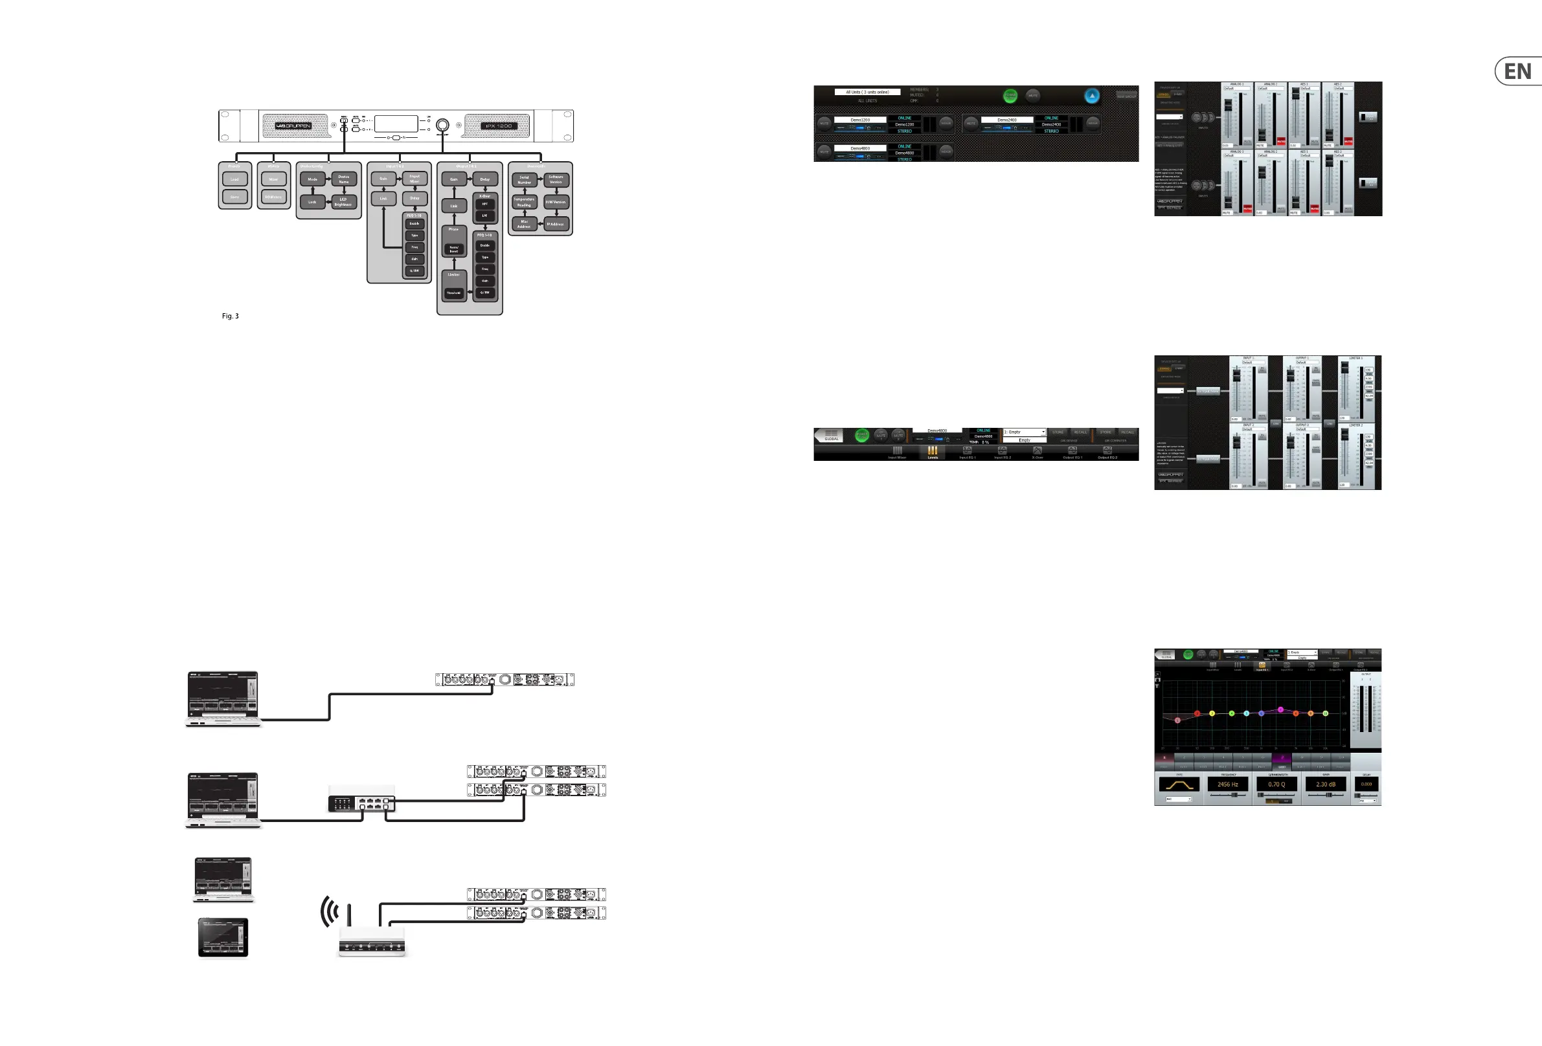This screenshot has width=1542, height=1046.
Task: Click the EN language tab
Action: coord(1518,72)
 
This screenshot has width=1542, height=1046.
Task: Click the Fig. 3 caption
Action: coord(231,317)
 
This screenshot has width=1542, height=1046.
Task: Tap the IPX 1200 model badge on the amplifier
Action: coord(497,126)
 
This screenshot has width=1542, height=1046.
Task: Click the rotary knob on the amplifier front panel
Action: coord(442,125)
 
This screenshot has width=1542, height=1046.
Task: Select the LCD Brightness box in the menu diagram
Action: coord(343,202)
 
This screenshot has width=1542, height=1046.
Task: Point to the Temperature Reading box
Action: coord(524,202)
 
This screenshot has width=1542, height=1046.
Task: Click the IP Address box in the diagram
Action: coord(556,224)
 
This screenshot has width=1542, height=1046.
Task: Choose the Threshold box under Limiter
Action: coord(454,293)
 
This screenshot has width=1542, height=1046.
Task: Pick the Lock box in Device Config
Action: coord(312,202)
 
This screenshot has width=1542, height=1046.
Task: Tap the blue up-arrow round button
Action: coord(1091,96)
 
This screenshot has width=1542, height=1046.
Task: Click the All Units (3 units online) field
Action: coord(867,92)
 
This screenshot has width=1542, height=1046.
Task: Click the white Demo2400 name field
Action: coord(1006,120)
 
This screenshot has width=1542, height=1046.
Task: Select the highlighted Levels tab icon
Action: coord(932,452)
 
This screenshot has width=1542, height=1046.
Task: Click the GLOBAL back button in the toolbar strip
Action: coord(830,435)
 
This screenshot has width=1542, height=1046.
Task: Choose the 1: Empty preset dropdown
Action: coord(1025,432)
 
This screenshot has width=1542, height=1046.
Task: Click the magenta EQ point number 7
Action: coord(1280,709)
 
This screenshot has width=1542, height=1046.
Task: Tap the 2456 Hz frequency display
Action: coord(1227,784)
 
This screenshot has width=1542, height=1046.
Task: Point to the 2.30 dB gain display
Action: coord(1326,784)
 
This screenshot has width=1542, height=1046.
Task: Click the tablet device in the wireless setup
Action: coord(223,937)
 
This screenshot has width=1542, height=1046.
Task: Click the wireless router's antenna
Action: coord(349,913)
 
